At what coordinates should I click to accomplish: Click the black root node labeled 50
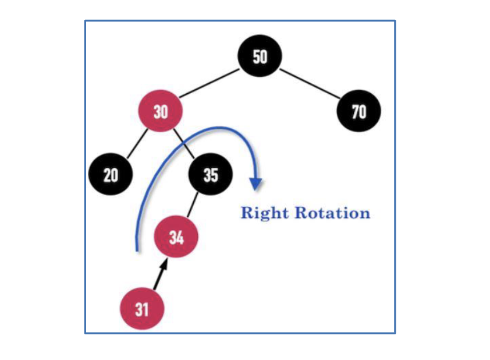pyautogui.click(x=260, y=56)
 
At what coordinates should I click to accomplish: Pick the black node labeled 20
pyautogui.click(x=111, y=174)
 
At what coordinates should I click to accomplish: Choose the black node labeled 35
pyautogui.click(x=211, y=174)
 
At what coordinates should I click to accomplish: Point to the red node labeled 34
pyautogui.click(x=176, y=237)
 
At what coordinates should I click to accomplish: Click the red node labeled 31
pyautogui.click(x=142, y=308)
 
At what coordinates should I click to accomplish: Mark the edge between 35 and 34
pyautogui.click(x=193, y=206)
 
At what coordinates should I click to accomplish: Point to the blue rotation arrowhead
pyautogui.click(x=254, y=183)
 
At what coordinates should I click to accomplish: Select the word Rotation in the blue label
pyautogui.click(x=332, y=213)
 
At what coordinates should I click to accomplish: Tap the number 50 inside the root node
pyautogui.click(x=260, y=56)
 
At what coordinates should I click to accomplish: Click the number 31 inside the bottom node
pyautogui.click(x=142, y=309)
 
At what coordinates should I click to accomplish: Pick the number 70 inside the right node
pyautogui.click(x=358, y=111)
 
